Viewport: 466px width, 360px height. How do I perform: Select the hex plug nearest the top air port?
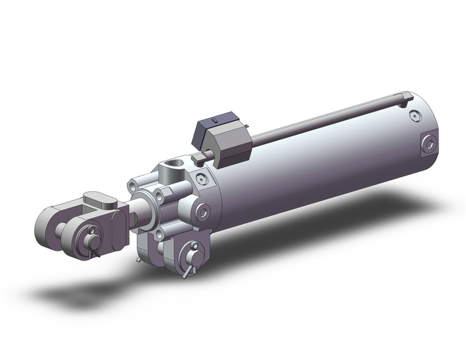202,178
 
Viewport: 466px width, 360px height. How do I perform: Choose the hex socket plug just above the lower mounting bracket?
203,212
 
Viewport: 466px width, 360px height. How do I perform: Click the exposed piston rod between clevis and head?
142,212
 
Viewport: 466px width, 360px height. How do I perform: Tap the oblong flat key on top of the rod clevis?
98,199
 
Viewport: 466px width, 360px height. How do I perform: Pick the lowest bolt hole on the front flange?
161,234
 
